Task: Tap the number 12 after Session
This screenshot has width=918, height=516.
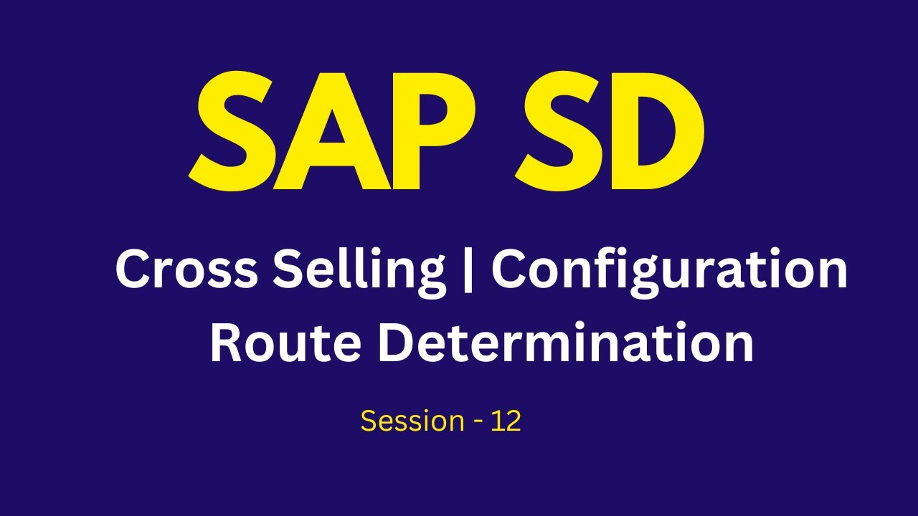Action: [x=506, y=421]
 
